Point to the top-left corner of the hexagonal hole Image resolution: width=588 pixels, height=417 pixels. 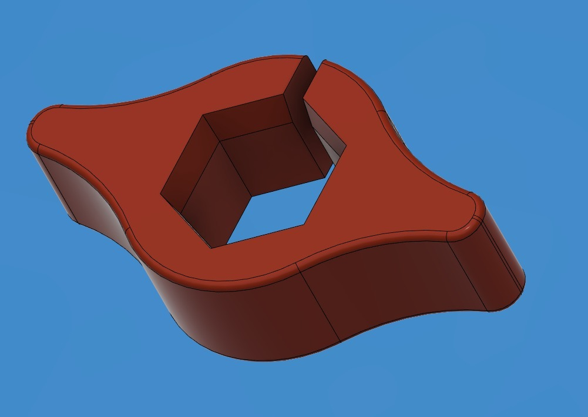click(x=203, y=115)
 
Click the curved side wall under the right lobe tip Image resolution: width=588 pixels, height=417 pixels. click(x=499, y=259)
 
